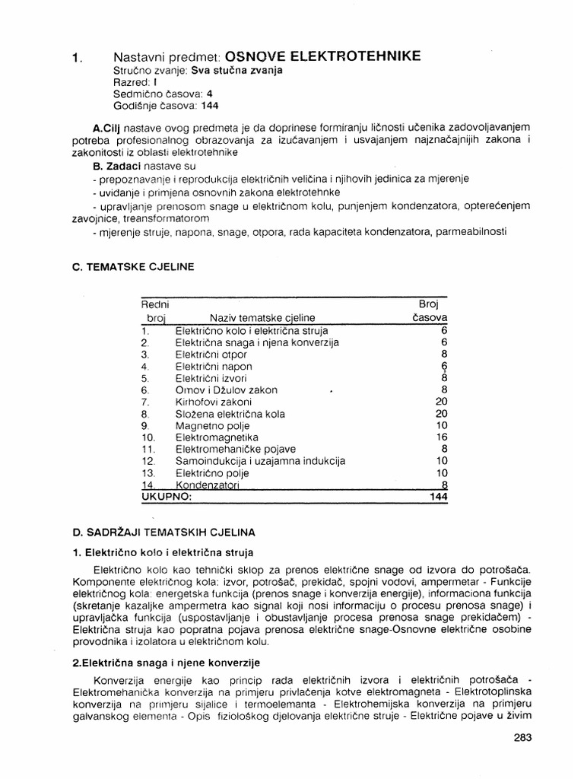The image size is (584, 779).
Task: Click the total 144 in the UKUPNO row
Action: click(x=437, y=497)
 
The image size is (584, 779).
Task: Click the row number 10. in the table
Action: click(x=148, y=437)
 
